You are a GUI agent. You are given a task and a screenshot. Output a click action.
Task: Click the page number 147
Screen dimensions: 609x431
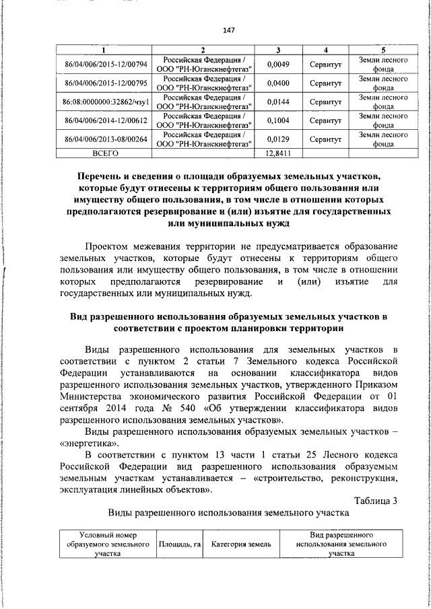coord(228,30)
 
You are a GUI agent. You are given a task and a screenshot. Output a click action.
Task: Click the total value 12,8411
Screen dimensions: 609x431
coord(278,153)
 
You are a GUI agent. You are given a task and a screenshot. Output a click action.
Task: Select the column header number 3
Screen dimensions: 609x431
coord(278,51)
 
